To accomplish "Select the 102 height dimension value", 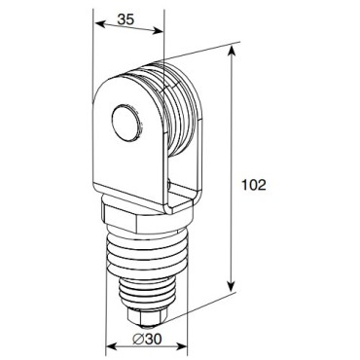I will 256,183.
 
